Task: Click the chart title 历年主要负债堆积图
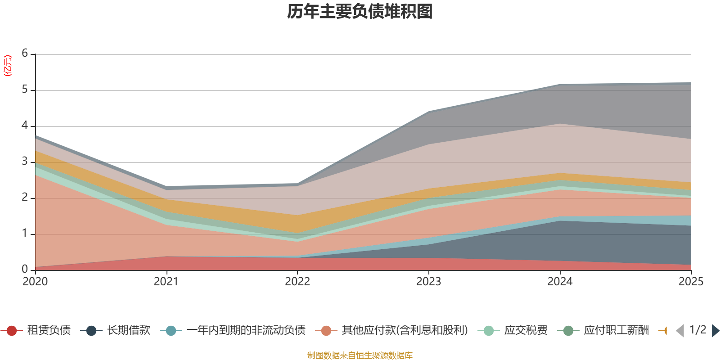point(360,12)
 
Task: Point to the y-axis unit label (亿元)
point(8,66)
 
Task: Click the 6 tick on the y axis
point(25,53)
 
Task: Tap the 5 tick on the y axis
point(25,89)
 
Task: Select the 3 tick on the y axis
point(25,161)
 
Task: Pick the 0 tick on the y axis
point(25,269)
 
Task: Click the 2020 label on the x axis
point(35,282)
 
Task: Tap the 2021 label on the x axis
point(166,282)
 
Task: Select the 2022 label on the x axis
point(297,282)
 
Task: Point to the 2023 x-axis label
point(428,282)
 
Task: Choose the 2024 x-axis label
point(560,282)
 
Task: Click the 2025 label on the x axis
point(691,282)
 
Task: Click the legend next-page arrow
point(715,331)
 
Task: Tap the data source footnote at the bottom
point(360,355)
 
